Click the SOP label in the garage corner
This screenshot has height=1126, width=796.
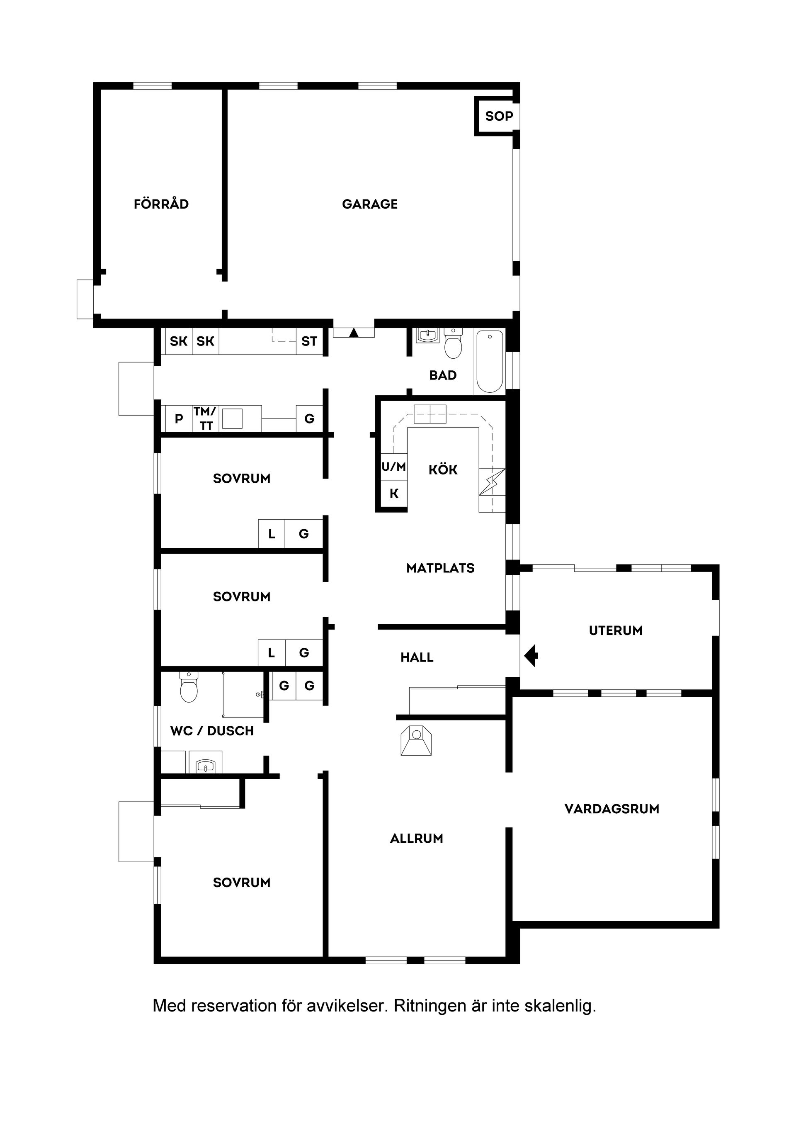click(499, 116)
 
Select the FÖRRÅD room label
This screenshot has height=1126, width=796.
click(161, 204)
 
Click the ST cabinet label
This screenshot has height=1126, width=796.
click(309, 341)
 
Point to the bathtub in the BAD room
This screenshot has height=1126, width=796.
click(490, 361)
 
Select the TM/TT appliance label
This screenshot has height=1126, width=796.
click(205, 418)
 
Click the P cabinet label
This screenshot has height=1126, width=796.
click(179, 419)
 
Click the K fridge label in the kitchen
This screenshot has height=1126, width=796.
click(394, 494)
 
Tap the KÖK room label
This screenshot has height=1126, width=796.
click(443, 470)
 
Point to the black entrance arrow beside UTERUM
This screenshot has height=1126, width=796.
click(531, 656)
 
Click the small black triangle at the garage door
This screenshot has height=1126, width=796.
click(354, 333)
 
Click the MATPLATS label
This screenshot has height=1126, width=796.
click(440, 568)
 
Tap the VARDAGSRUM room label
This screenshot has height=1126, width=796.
click(612, 809)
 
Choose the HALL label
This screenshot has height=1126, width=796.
click(417, 657)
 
